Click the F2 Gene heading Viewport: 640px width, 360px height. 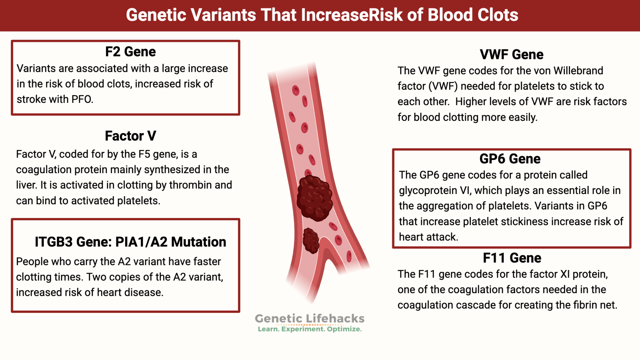pyautogui.click(x=130, y=52)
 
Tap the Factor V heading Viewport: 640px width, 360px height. pyautogui.click(x=130, y=136)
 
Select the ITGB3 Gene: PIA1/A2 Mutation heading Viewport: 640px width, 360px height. pyautogui.click(x=130, y=242)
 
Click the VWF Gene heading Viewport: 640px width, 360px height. pyautogui.click(x=512, y=55)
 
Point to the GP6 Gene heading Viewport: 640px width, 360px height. pyautogui.click(x=510, y=159)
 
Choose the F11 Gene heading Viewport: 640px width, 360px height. pyautogui.click(x=512, y=258)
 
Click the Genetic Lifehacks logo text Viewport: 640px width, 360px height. pyautogui.click(x=309, y=318)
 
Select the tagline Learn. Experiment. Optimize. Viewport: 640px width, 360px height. pyautogui.click(x=309, y=329)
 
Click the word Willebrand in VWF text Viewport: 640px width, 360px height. pyautogui.click(x=578, y=71)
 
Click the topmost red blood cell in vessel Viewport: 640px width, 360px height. pyautogui.click(x=296, y=90)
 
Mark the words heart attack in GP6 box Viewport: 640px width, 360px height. pyautogui.click(x=428, y=237)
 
